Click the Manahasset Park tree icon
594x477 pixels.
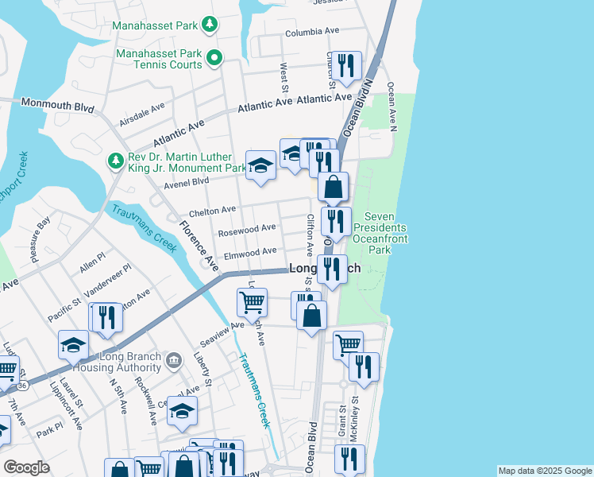click(210, 25)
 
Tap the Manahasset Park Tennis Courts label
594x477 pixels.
click(156, 59)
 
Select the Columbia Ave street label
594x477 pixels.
click(312, 33)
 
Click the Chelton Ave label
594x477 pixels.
click(212, 211)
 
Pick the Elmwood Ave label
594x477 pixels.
click(249, 254)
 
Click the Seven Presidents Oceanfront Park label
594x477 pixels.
click(389, 233)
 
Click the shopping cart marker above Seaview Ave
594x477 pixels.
click(252, 302)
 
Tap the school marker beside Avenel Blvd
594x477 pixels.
click(259, 166)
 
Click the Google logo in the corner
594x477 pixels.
click(26, 467)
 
